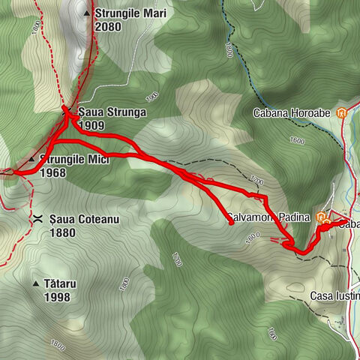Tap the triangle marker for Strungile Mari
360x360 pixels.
click(x=87, y=13)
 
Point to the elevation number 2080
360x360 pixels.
click(x=108, y=26)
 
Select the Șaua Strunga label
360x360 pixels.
click(x=111, y=112)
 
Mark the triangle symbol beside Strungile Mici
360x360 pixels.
click(x=31, y=160)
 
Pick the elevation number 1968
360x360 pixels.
click(x=54, y=172)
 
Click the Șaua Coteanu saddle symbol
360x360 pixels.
click(x=37, y=218)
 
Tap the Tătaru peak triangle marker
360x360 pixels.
click(x=37, y=284)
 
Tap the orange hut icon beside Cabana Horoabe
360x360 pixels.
click(x=342, y=114)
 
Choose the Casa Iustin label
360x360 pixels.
click(x=334, y=296)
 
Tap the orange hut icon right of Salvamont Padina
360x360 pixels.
click(x=321, y=219)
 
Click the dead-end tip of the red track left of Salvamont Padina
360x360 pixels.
click(x=230, y=223)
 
